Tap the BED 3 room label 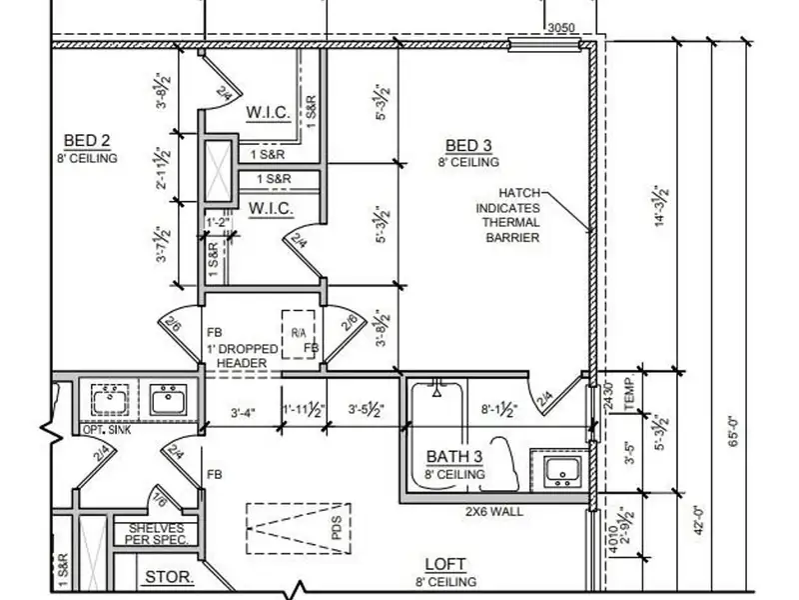(468, 146)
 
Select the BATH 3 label (454, 457)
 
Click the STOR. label (169, 577)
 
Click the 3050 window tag (561, 28)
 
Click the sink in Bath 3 (556, 470)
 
